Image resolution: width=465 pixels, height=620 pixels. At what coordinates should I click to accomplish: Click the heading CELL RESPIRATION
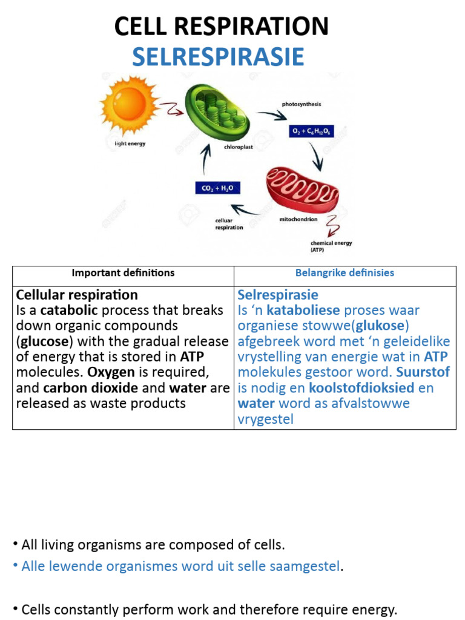(x=222, y=27)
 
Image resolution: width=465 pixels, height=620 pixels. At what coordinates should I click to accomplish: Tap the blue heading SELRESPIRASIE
(x=218, y=57)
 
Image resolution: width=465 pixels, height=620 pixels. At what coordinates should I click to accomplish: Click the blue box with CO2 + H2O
(x=217, y=188)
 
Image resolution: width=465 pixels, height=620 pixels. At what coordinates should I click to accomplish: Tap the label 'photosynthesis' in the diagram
(x=302, y=104)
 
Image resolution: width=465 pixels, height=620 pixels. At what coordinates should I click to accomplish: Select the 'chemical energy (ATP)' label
(x=331, y=246)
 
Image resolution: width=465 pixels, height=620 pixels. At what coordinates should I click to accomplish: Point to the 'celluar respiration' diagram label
(x=228, y=224)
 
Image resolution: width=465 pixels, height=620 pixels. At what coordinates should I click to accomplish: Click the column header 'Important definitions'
(x=123, y=273)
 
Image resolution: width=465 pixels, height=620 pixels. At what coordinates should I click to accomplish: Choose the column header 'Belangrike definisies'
(x=345, y=273)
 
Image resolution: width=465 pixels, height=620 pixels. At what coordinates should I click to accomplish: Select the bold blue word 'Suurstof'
(x=423, y=372)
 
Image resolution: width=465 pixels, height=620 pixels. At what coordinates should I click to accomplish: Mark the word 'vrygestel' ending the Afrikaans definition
(x=265, y=419)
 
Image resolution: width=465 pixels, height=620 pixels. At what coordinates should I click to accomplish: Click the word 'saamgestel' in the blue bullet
(x=308, y=567)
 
